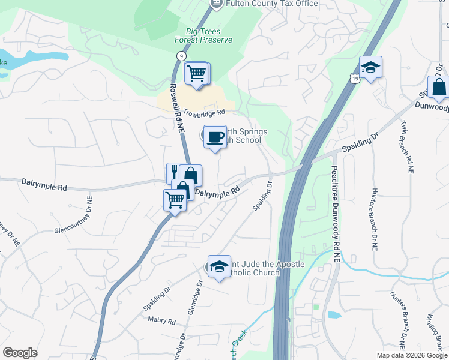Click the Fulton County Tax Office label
point(271,4)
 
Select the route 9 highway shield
point(181,55)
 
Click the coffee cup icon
point(214,137)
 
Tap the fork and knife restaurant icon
point(174,173)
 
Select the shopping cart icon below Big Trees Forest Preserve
point(196,74)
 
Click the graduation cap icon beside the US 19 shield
point(370,68)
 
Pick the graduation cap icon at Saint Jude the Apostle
point(219,266)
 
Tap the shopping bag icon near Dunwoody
point(439,88)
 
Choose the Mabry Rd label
point(161,321)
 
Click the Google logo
point(20,353)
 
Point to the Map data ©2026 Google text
point(411,355)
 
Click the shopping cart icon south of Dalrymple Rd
point(174,199)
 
